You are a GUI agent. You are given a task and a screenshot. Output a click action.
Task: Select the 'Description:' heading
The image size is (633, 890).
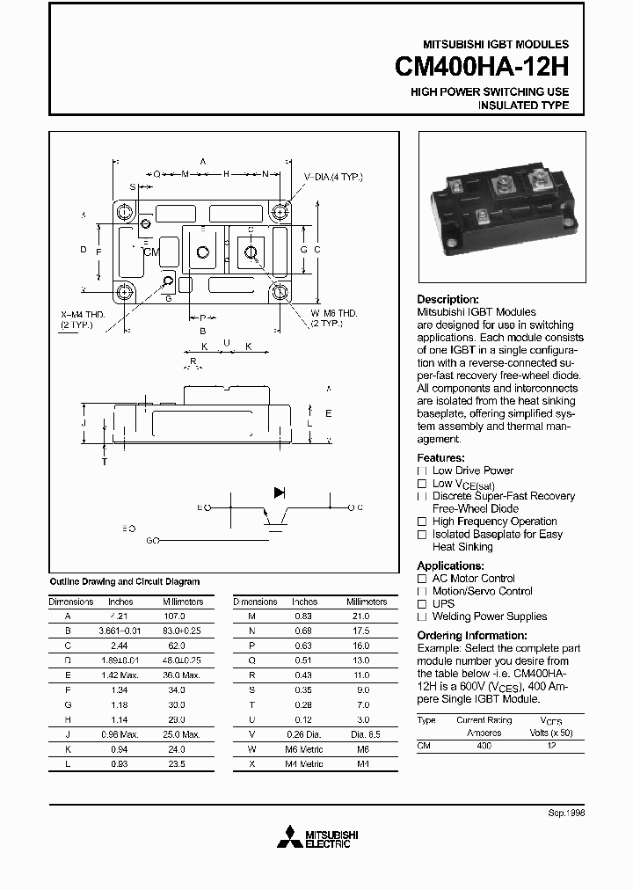(447, 300)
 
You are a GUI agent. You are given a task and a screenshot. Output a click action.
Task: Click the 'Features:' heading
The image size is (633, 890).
(440, 458)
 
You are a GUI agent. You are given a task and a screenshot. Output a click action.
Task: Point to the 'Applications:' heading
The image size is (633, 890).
(450, 565)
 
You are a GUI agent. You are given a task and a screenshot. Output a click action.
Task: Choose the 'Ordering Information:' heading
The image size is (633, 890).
(472, 635)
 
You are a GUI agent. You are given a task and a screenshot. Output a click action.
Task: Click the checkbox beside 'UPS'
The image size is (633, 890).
(422, 604)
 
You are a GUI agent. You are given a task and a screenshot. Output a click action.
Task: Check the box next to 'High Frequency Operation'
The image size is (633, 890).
(422, 522)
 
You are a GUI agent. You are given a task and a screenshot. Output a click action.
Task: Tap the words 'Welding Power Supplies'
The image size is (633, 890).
(490, 616)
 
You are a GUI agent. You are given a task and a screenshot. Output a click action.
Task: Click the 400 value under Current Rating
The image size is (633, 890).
(484, 745)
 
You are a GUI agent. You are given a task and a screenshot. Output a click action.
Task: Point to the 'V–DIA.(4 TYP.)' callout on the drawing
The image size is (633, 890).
(333, 178)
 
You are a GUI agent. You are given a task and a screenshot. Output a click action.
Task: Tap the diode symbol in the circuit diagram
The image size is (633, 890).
(280, 493)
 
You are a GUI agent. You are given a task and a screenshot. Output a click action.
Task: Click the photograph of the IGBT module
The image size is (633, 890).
(500, 208)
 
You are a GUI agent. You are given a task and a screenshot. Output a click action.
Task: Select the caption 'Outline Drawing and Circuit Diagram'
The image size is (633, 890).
(124, 581)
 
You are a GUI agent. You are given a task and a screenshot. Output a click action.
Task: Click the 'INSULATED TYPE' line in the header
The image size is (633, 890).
(523, 106)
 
